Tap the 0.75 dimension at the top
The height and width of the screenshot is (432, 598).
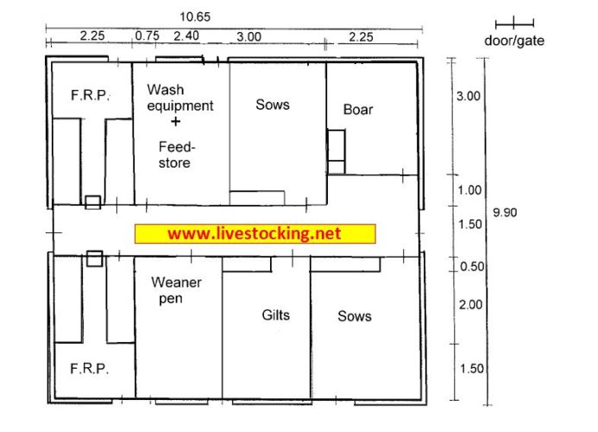147,36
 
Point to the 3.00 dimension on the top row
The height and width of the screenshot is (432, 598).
249,36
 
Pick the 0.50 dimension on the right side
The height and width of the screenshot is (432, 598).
471,267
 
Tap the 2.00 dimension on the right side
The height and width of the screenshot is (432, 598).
470,304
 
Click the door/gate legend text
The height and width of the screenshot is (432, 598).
515,41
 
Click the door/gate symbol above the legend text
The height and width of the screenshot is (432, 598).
515,22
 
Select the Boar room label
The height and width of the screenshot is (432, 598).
358,110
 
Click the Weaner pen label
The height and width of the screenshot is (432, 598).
176,290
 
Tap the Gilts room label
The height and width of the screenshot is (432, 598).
275,315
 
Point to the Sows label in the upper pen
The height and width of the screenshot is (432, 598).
273,105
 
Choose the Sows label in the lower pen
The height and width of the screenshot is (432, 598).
354,316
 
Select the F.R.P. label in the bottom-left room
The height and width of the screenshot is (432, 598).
90,369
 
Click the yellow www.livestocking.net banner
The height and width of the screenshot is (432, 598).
255,234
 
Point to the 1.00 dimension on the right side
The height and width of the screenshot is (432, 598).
470,190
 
